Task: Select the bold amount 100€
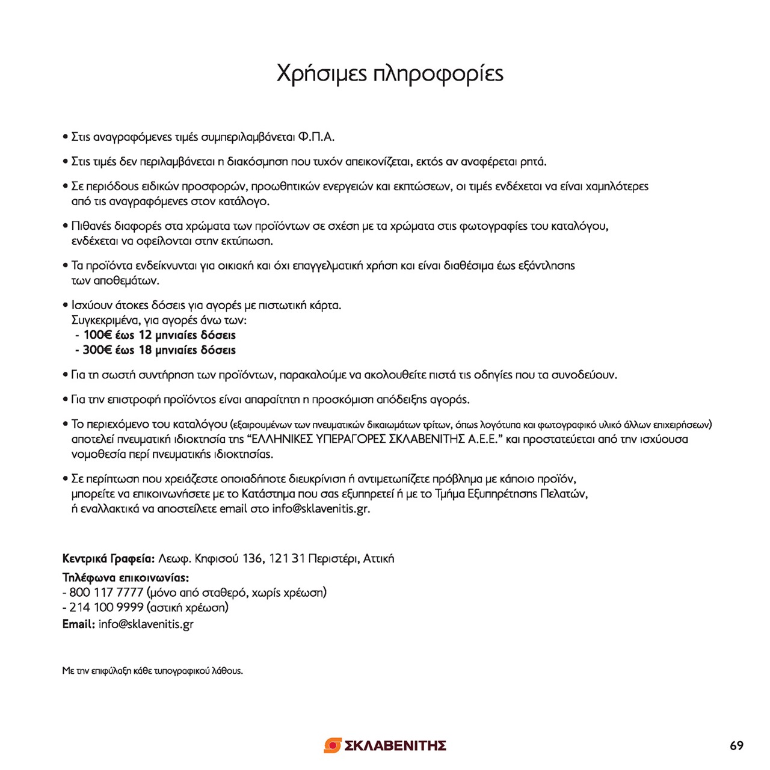click(x=97, y=335)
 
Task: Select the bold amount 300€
click(x=97, y=350)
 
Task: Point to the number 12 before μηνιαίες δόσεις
click(x=145, y=335)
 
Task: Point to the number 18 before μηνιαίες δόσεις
click(x=145, y=350)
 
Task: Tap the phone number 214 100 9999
click(x=106, y=608)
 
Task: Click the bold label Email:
click(x=78, y=624)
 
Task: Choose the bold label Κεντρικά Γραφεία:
click(x=108, y=559)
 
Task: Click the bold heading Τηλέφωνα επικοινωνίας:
click(x=125, y=578)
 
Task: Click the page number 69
click(x=736, y=746)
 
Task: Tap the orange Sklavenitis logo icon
click(x=333, y=745)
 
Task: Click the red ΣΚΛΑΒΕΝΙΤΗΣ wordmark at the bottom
click(x=395, y=746)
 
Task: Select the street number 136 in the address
click(x=252, y=559)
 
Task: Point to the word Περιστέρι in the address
click(x=333, y=559)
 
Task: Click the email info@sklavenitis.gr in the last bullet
click(x=321, y=509)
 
